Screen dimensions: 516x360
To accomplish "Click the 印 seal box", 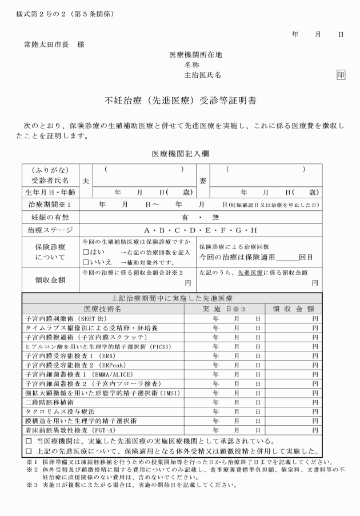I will point(341,74).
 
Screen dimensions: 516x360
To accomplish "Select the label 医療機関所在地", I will point(195,55).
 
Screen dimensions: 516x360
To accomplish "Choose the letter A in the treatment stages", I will point(147,231).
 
